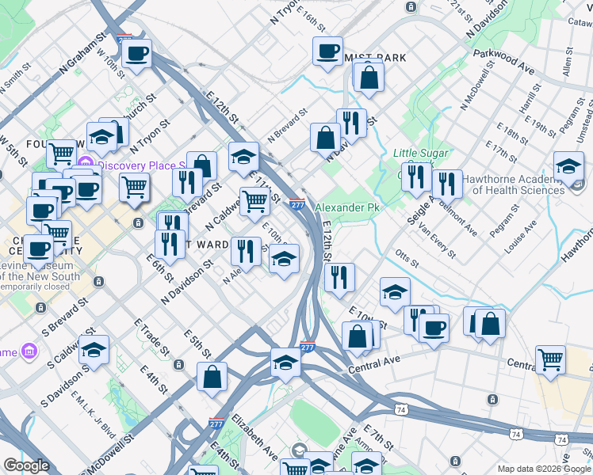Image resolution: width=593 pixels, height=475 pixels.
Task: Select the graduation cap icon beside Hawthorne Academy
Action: [568, 167]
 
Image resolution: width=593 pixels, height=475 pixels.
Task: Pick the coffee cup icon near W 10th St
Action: [136, 54]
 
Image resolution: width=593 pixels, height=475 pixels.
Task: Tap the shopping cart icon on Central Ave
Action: [549, 359]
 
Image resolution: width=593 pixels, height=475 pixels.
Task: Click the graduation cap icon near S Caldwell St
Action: [94, 350]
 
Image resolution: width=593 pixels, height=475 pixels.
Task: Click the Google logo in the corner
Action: [26, 465]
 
